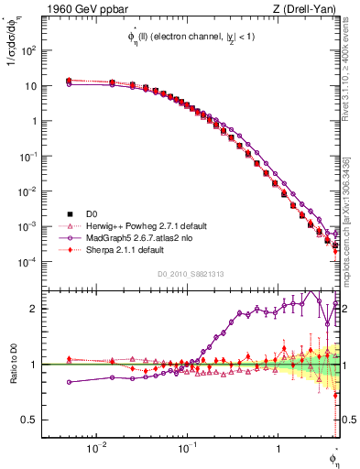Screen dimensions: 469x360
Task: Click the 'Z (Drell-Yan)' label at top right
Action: pos(310,9)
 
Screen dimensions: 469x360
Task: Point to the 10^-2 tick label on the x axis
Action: pos(95,449)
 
